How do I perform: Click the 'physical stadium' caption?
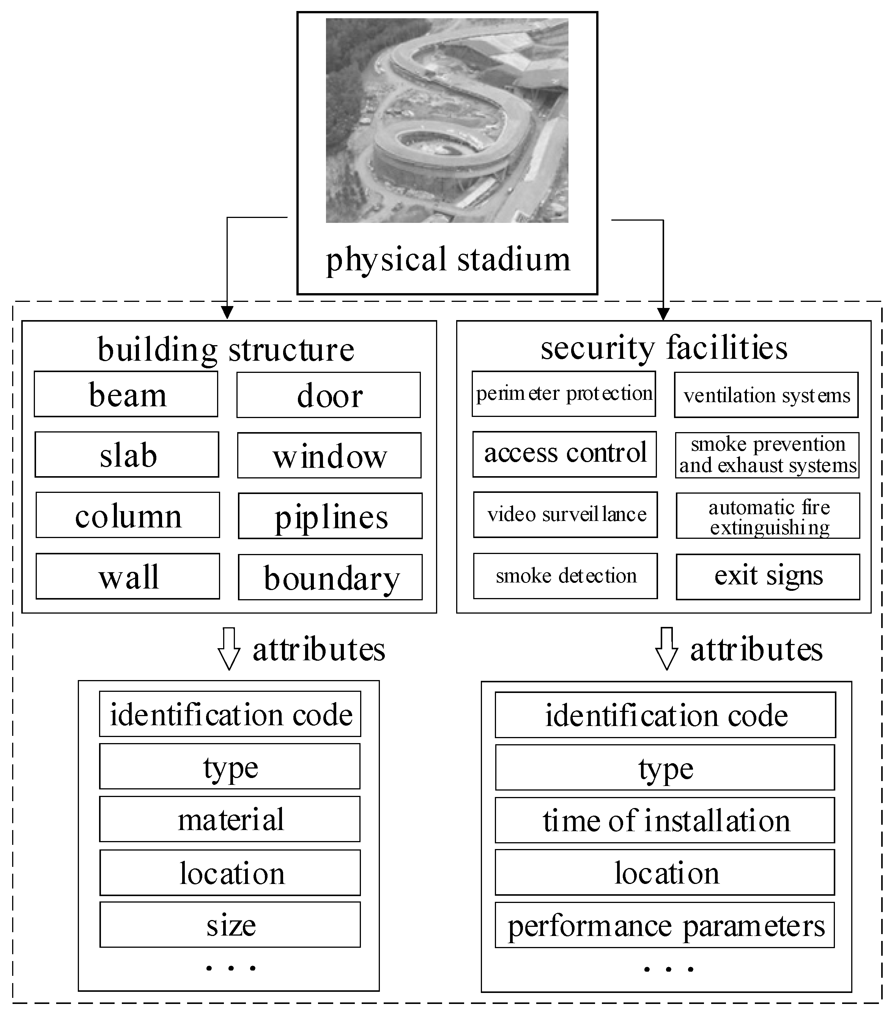point(447,259)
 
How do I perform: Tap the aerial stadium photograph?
point(447,120)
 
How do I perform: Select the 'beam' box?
point(126,394)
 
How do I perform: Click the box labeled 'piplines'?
point(330,516)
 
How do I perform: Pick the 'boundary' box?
point(330,577)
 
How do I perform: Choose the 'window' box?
point(329,455)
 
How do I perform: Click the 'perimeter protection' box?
point(564,393)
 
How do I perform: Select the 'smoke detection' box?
point(565,576)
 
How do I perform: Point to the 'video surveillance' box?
point(565,515)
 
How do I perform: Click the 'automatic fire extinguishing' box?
point(768,516)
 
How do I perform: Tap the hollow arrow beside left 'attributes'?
point(229,648)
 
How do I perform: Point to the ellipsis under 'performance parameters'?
point(668,969)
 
